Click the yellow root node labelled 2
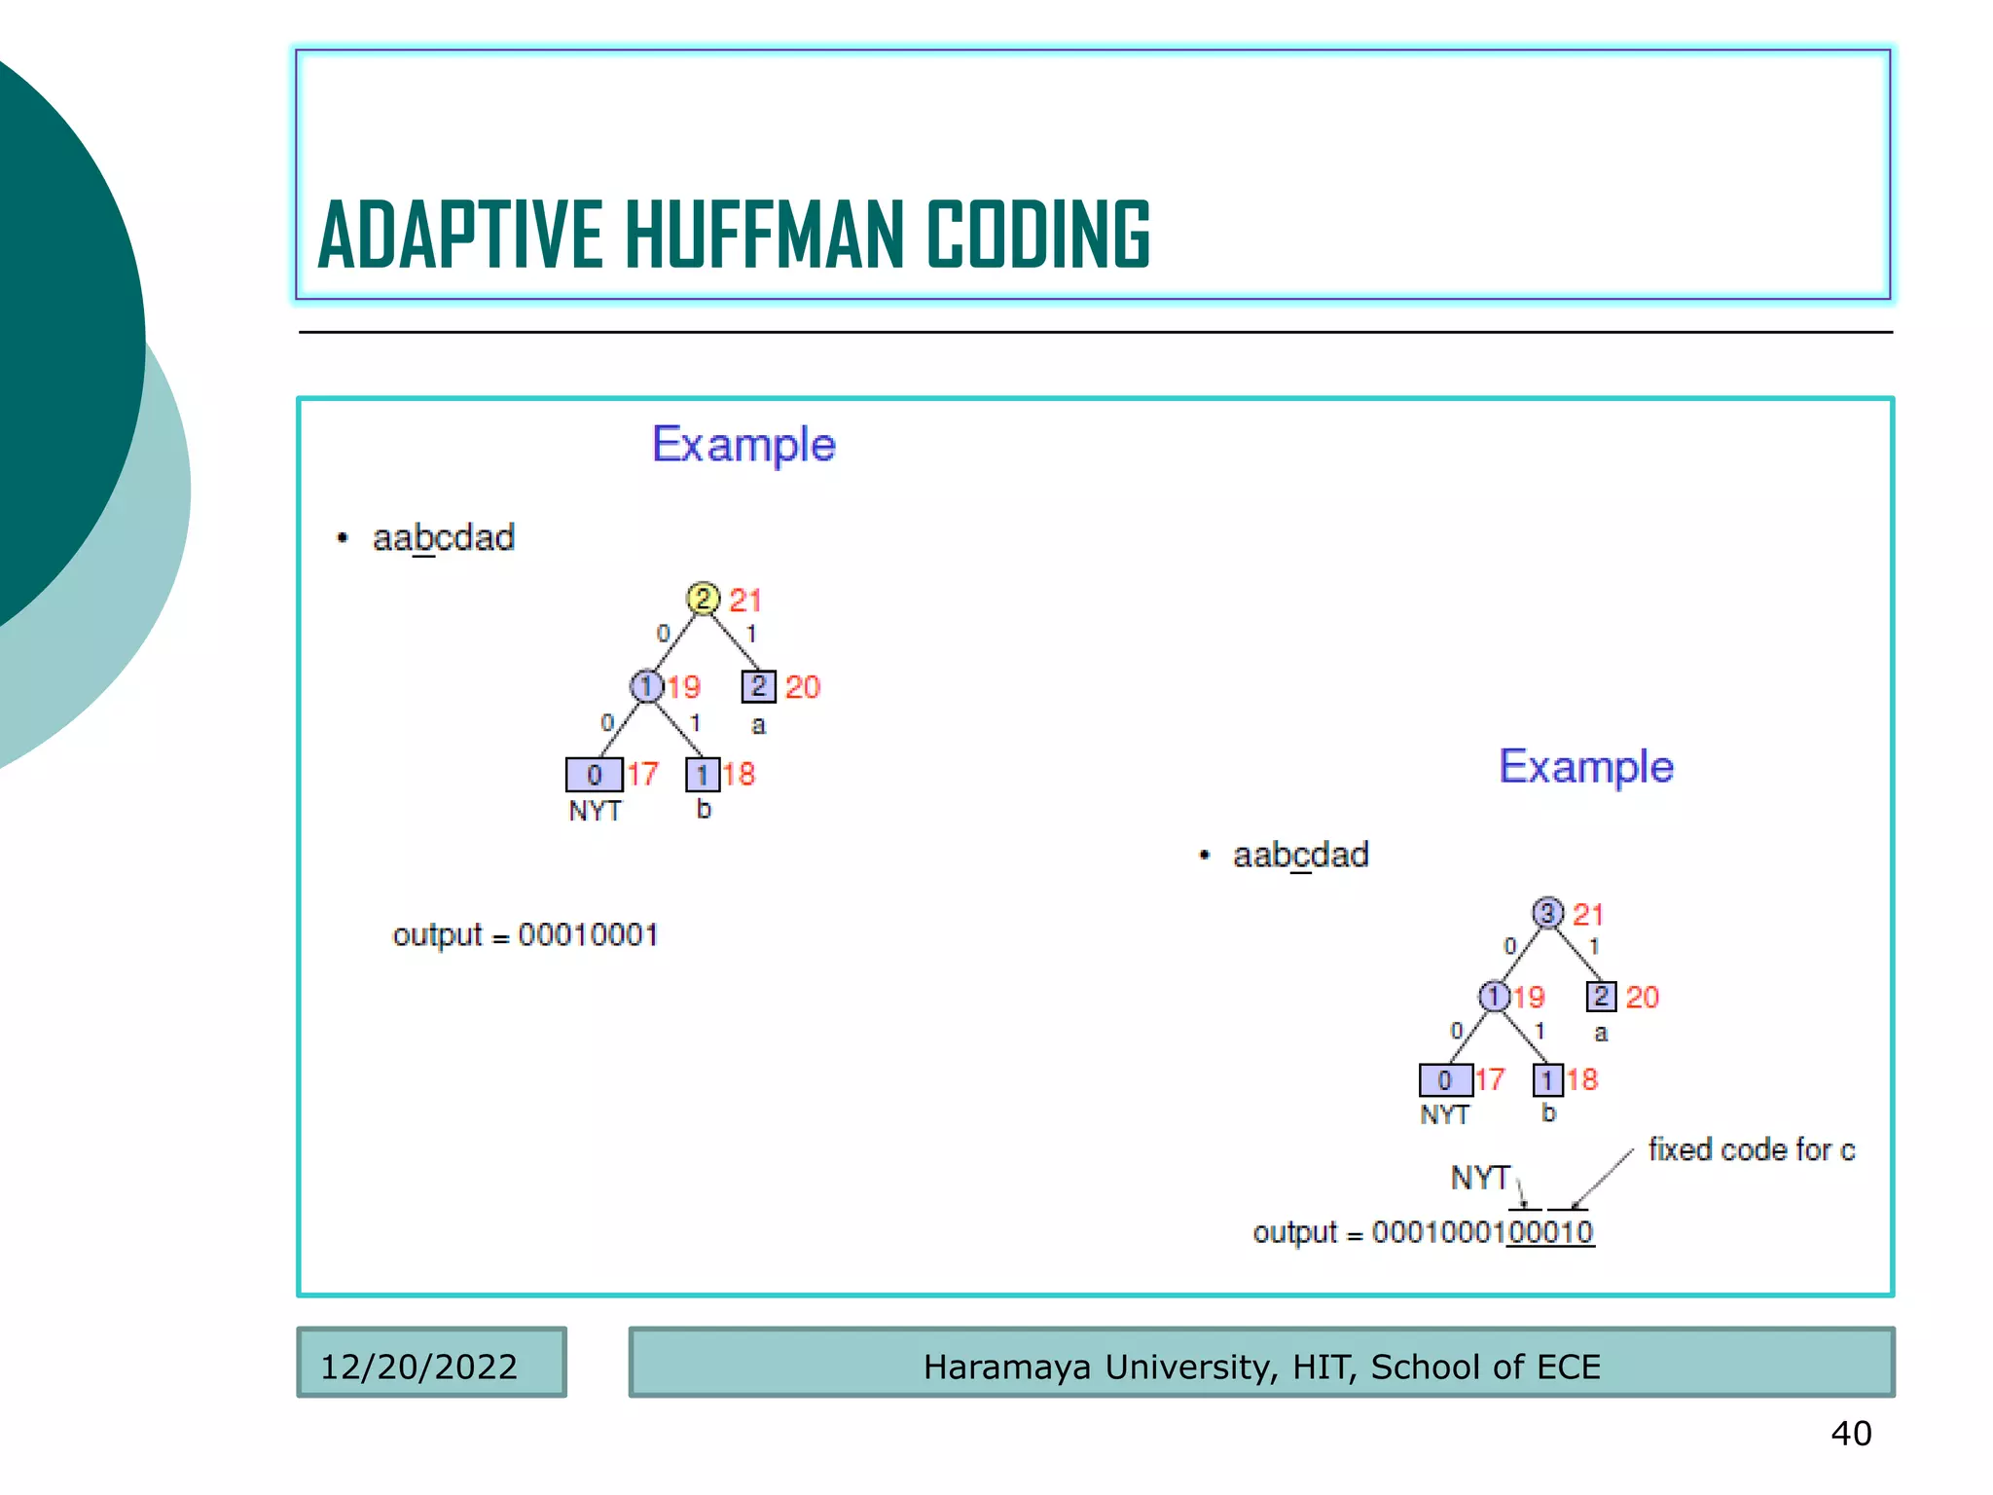703,599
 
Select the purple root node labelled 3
1547,913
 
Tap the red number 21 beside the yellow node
745,601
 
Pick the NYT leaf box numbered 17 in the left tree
594,775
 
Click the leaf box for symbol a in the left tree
758,686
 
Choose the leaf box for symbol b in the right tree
1547,1079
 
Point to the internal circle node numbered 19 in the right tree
1494,996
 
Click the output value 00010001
588,935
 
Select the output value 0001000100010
1482,1232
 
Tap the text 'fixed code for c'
1751,1149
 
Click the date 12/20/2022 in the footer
418,1367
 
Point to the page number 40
1851,1433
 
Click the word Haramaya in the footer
1007,1367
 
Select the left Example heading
743,445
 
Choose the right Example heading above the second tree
1585,767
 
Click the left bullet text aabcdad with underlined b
444,537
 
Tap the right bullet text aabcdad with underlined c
1300,855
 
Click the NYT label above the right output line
1479,1178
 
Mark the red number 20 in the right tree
1642,997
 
